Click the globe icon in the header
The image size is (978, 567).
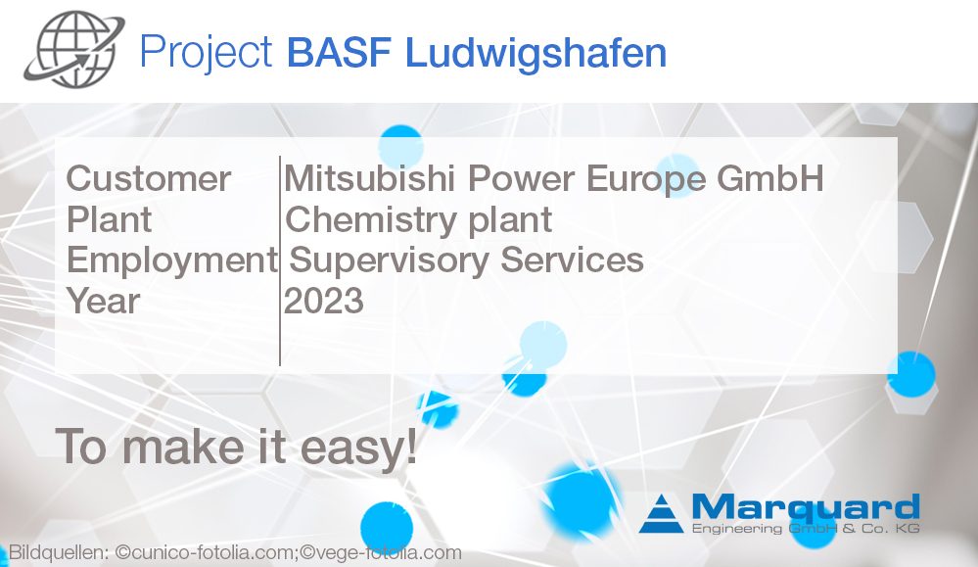pyautogui.click(x=74, y=51)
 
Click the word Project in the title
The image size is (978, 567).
pyautogui.click(x=206, y=52)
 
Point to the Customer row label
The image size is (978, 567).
pyautogui.click(x=149, y=179)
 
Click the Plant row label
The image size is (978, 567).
pyautogui.click(x=109, y=219)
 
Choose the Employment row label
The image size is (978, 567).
pyautogui.click(x=171, y=260)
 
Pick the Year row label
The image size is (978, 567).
pyautogui.click(x=103, y=301)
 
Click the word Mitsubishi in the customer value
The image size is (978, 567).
pyautogui.click(x=371, y=179)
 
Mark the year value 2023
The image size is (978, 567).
pyautogui.click(x=324, y=301)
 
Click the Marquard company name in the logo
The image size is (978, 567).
pyautogui.click(x=805, y=507)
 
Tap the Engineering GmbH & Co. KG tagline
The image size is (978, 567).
pyautogui.click(x=805, y=530)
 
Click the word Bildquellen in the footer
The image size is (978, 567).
pyautogui.click(x=57, y=553)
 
